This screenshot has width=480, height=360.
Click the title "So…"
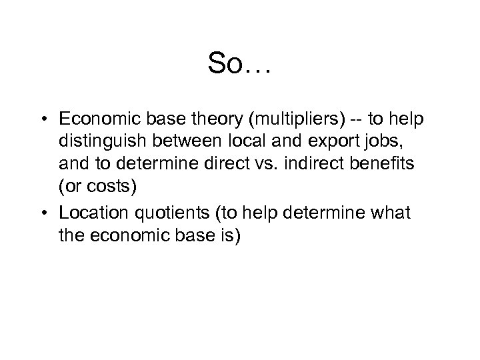pyautogui.click(x=239, y=63)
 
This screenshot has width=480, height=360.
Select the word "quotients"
pyautogui.click(x=160, y=213)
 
